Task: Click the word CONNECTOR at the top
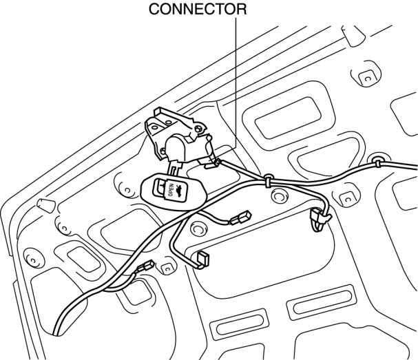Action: click(x=198, y=9)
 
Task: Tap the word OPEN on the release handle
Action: click(x=170, y=192)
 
